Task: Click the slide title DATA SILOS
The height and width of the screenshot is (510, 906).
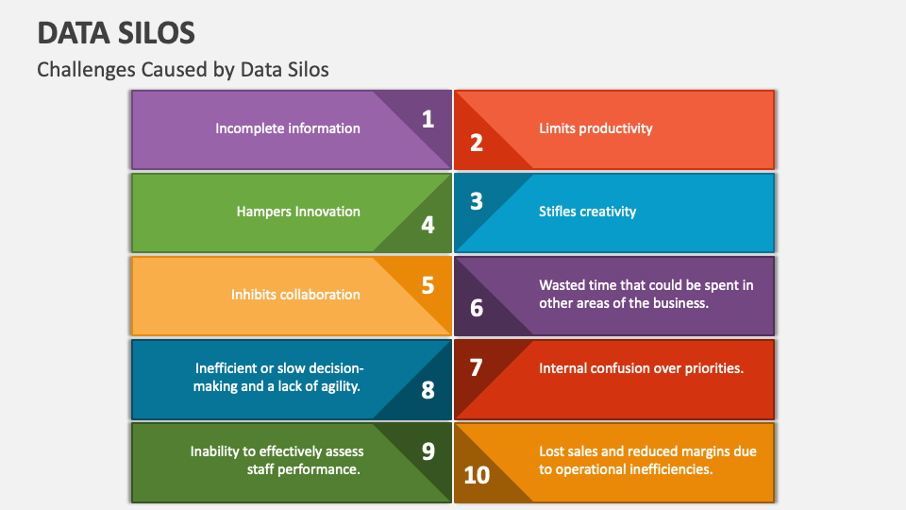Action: click(x=116, y=33)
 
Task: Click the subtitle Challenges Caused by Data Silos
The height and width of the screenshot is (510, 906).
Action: click(x=183, y=69)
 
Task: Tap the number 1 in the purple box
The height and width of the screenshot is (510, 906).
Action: click(x=428, y=119)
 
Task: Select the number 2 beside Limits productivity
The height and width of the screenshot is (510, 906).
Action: click(x=477, y=143)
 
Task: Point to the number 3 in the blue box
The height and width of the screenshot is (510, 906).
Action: click(x=477, y=201)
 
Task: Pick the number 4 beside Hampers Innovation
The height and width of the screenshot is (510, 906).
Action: click(x=428, y=226)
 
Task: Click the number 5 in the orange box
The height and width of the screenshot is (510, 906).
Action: click(x=428, y=284)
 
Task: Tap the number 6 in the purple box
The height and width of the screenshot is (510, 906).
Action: click(x=477, y=308)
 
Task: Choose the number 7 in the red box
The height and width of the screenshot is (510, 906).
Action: click(x=477, y=367)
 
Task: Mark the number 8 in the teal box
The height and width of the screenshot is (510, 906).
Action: click(x=428, y=390)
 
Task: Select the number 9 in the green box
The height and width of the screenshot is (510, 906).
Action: click(x=428, y=450)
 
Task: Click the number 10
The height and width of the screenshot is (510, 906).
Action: click(x=477, y=474)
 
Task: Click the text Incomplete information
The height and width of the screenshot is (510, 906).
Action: click(x=288, y=128)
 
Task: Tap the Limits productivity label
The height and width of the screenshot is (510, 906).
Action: click(x=596, y=128)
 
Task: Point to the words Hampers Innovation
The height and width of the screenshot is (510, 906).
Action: click(x=298, y=212)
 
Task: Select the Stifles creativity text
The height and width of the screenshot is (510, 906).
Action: click(x=588, y=212)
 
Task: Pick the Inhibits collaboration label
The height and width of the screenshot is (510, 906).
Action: click(x=295, y=295)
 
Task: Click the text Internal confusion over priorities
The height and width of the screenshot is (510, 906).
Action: click(x=642, y=368)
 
